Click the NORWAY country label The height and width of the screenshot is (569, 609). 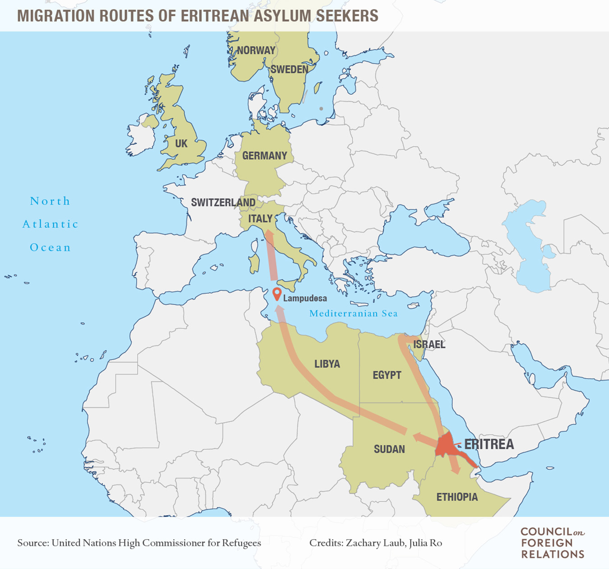coord(256,50)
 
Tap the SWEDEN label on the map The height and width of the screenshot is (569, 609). coord(289,69)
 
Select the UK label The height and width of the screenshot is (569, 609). coord(181,144)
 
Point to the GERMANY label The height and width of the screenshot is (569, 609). coord(264,156)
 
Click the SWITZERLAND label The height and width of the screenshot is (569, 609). coord(223,202)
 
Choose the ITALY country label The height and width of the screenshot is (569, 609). coord(260,219)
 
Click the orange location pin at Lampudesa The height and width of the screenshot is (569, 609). coord(277,294)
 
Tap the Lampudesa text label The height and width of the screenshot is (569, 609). coord(305,298)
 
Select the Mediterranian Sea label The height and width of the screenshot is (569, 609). coord(353,313)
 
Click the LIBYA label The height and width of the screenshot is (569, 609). coord(327,364)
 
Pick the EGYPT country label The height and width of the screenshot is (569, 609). coord(387,375)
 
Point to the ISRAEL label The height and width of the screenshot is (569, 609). coord(429,345)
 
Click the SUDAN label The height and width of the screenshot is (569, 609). coord(389,449)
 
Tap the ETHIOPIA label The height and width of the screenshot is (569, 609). coord(457,497)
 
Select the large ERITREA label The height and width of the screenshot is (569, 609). coord(489,444)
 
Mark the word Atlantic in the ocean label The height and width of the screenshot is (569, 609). coord(51,224)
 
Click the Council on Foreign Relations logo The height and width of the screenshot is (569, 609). coord(553,543)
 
